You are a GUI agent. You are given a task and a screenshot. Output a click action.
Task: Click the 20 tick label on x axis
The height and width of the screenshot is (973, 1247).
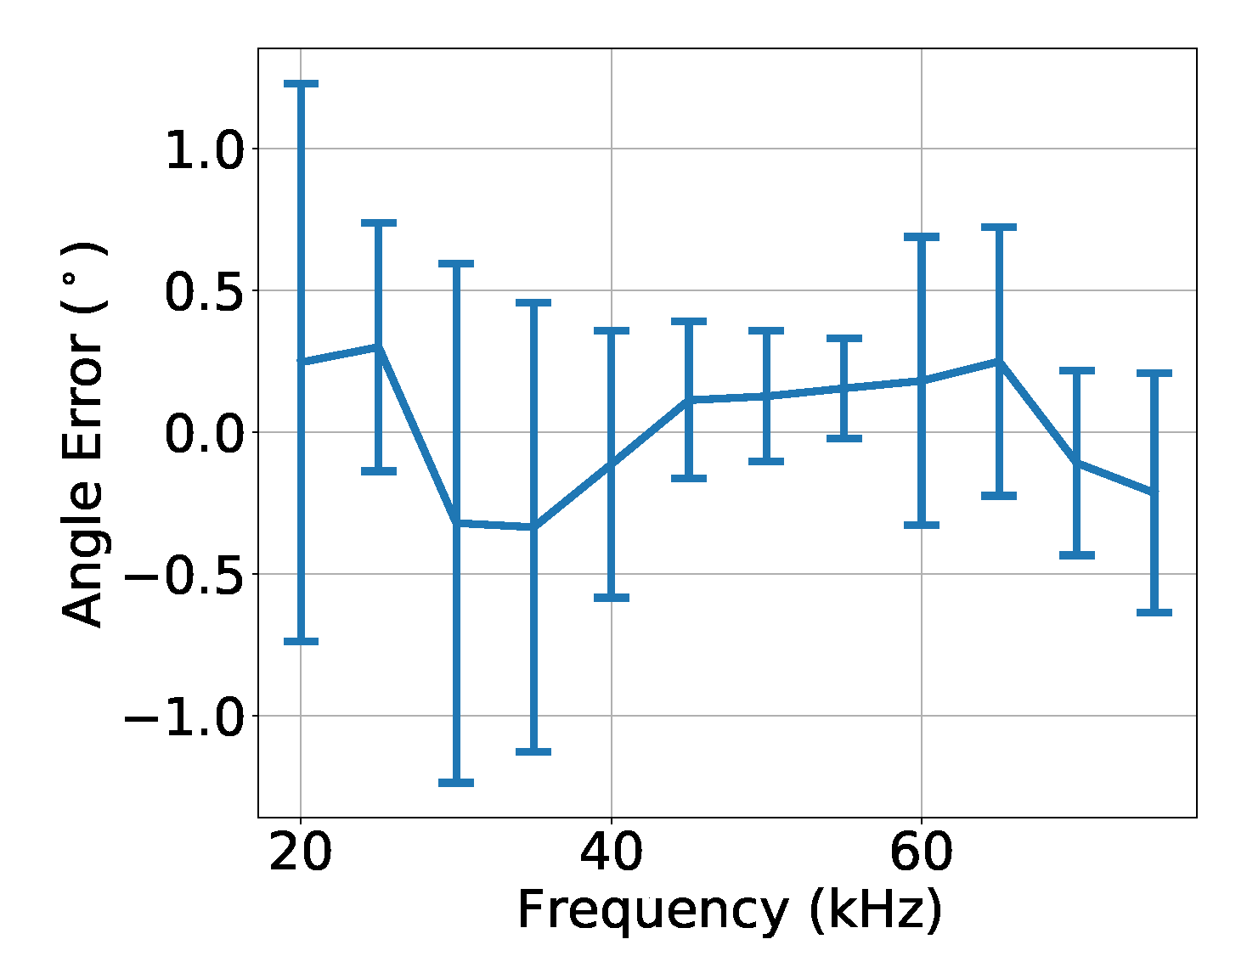click(x=300, y=853)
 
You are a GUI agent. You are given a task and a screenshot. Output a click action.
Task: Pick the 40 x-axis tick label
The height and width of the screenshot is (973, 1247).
click(x=611, y=853)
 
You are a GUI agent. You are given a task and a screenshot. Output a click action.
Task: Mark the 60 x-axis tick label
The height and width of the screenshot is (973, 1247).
click(x=921, y=853)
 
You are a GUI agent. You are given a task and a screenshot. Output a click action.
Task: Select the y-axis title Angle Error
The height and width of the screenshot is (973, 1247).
click(x=83, y=435)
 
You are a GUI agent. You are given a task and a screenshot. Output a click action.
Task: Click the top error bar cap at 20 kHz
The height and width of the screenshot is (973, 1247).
click(x=301, y=83)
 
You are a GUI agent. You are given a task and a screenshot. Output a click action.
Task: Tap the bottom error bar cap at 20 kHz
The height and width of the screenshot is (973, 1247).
click(x=301, y=641)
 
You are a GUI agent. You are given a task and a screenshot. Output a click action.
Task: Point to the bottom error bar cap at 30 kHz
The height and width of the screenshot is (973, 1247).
click(x=456, y=782)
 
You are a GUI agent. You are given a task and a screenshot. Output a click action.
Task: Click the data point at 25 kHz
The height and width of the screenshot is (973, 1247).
click(x=379, y=346)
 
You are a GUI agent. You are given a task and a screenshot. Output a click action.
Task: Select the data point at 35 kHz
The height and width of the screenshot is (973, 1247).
click(x=533, y=527)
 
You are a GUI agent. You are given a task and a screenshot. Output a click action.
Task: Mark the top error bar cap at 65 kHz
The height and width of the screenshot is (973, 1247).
click(x=999, y=228)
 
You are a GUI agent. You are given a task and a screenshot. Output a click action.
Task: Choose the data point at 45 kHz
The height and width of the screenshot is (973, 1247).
click(x=689, y=400)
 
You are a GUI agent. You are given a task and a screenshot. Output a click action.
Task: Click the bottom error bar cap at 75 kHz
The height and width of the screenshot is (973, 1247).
click(x=1154, y=611)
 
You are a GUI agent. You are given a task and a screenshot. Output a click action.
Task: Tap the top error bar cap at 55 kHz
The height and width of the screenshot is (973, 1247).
click(x=844, y=338)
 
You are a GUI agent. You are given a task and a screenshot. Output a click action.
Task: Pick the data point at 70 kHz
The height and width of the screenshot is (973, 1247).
click(x=1077, y=463)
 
